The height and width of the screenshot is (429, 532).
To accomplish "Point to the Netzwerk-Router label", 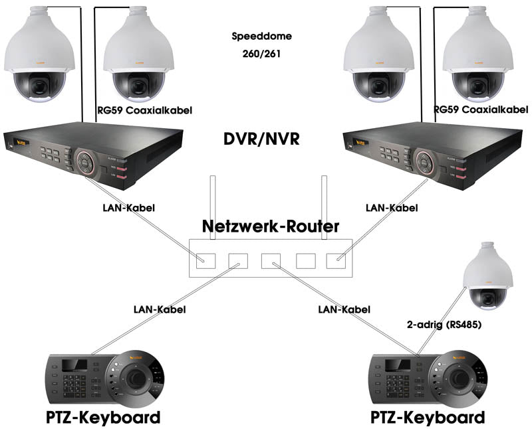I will pyautogui.click(x=271, y=226).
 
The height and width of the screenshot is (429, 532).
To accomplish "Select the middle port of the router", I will pyautogui.click(x=271, y=260).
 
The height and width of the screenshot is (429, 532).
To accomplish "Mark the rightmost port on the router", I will pyautogui.click(x=336, y=260).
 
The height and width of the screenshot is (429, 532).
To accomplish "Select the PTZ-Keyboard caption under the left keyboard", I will pyautogui.click(x=103, y=418).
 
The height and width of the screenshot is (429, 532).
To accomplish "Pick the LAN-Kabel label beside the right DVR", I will pyautogui.click(x=392, y=208).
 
